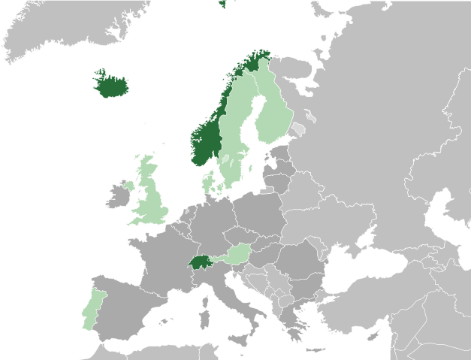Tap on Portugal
(x=91, y=308)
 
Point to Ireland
(x=119, y=195)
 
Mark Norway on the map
(x=205, y=143)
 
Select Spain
(x=128, y=308)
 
